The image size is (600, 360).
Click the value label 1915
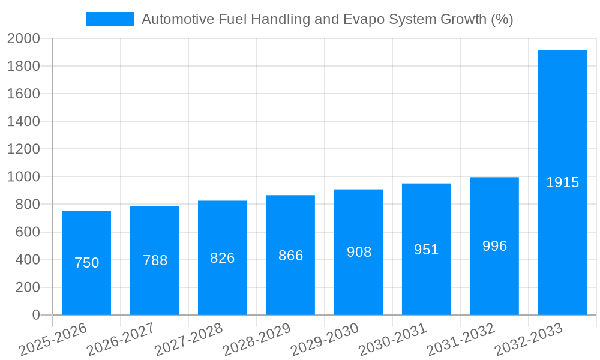pyautogui.click(x=562, y=182)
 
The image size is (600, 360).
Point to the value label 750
pyautogui.click(x=86, y=263)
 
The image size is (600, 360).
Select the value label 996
pyautogui.click(x=494, y=246)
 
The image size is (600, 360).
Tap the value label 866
pyautogui.click(x=290, y=256)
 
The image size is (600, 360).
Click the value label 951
pyautogui.click(x=426, y=250)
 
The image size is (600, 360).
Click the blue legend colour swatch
pyautogui.click(x=110, y=19)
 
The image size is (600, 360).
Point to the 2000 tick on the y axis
pyautogui.click(x=23, y=38)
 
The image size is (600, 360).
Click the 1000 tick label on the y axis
pyautogui.click(x=23, y=177)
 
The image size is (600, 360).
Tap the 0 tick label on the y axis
pyautogui.click(x=35, y=315)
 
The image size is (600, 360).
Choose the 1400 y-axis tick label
pyautogui.click(x=23, y=122)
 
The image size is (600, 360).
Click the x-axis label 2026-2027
pyautogui.click(x=121, y=340)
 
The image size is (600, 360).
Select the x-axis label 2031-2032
pyautogui.click(x=461, y=340)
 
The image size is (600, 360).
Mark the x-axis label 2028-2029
pyautogui.click(x=257, y=340)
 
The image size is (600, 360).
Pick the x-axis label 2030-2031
pyautogui.click(x=393, y=340)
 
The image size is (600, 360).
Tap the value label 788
pyautogui.click(x=155, y=260)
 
